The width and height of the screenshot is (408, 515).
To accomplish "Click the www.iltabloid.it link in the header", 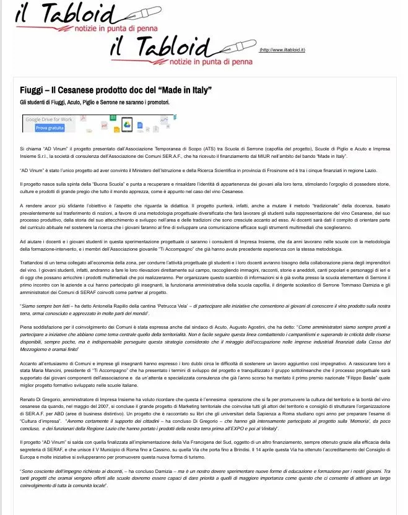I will pyautogui.click(x=282, y=50).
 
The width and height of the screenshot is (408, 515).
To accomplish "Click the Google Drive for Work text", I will pyautogui.click(x=49, y=119).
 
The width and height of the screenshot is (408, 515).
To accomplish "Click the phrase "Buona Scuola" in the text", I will pyautogui.click(x=105, y=185).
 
